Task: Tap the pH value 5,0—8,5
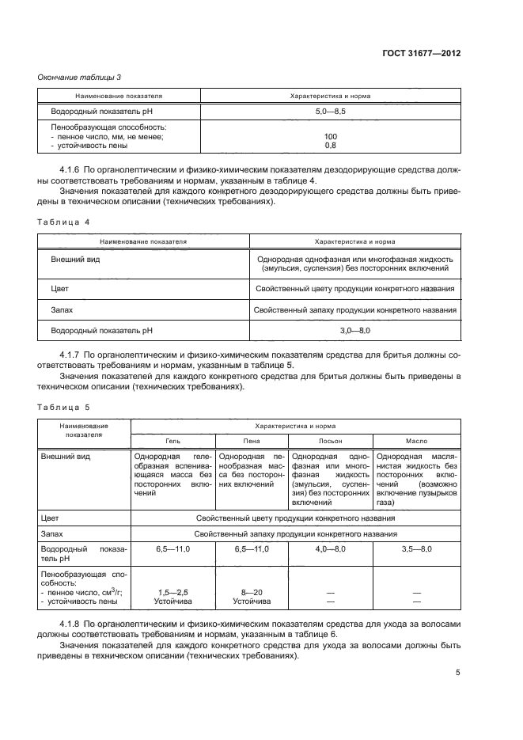330,112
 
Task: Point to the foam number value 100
330,136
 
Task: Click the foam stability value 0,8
330,145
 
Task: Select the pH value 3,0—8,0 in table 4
354,328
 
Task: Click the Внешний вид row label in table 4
75,259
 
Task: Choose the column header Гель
172,440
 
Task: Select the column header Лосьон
330,440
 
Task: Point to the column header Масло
416,440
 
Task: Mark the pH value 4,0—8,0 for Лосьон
330,548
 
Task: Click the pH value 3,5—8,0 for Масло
416,548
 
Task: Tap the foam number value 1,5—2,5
172,592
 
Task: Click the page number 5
458,673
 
